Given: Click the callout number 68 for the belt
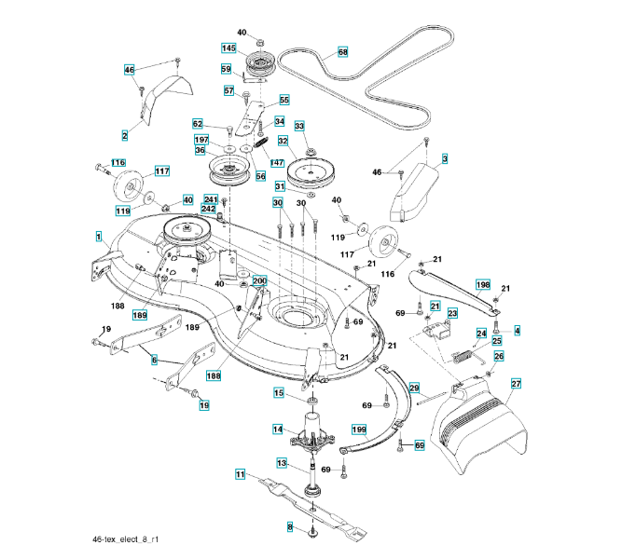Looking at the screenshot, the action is tap(343, 52).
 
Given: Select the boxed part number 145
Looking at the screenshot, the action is tap(228, 48).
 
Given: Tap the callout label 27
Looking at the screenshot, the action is tap(516, 384).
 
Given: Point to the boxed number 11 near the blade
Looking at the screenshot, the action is tap(240, 474).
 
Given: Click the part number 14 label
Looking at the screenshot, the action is tap(278, 429).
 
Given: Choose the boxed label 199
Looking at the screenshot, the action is tap(359, 429).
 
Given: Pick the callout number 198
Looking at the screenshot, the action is tap(483, 285).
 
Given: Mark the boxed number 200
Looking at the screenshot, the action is tap(259, 281).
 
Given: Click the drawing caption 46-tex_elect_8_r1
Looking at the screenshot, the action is tap(125, 539).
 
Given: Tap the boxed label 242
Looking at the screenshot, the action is tap(208, 209).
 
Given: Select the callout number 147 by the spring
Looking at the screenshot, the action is tap(276, 162).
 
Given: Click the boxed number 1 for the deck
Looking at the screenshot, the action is tap(98, 237).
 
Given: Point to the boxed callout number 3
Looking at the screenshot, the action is tap(445, 159).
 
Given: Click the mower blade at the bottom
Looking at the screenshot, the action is tap(312, 509).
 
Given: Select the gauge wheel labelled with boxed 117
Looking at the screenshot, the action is tap(128, 185).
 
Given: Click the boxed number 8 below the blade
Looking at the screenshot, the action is tap(290, 527).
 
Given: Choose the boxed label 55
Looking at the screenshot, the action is tap(284, 100).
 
